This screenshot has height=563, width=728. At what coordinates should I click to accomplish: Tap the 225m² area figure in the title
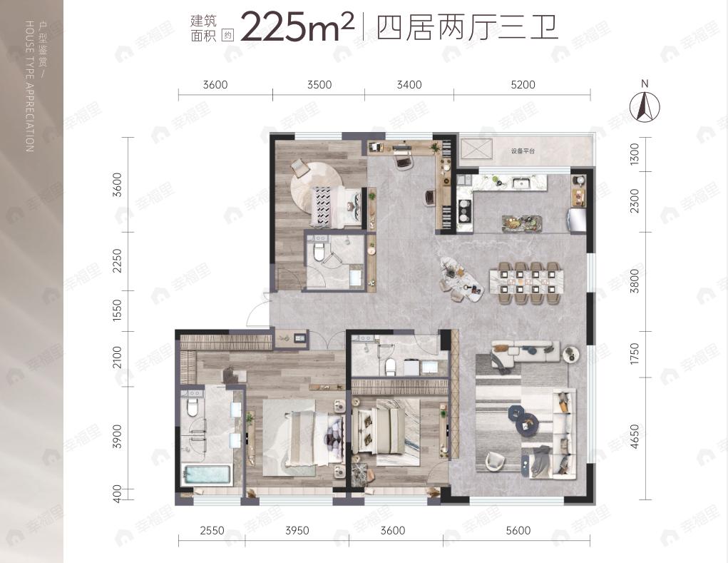pyautogui.click(x=297, y=27)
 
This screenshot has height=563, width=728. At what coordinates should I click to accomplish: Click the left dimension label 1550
pyautogui.click(x=118, y=311)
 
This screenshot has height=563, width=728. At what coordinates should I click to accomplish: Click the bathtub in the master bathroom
pyautogui.click(x=207, y=475)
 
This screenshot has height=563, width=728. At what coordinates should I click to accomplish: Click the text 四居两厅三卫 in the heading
pyautogui.click(x=466, y=28)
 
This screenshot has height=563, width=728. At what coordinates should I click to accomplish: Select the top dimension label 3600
pyautogui.click(x=215, y=85)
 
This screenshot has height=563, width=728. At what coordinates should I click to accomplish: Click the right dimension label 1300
pyautogui.click(x=635, y=153)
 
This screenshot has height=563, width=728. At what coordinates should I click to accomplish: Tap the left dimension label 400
pyautogui.click(x=118, y=493)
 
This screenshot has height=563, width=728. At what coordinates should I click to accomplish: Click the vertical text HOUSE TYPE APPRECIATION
pyautogui.click(x=29, y=86)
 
